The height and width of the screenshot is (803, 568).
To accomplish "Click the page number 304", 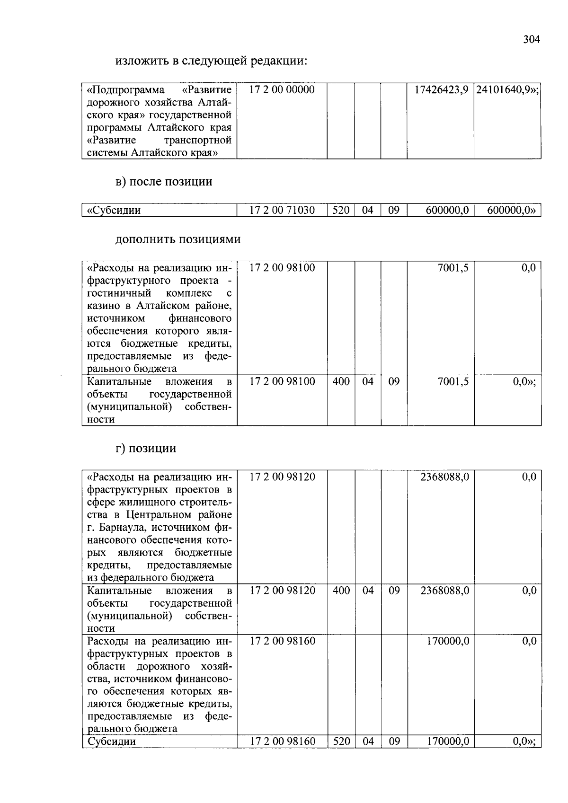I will click(531, 39).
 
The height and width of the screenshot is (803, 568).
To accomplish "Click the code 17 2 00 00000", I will click(282, 90).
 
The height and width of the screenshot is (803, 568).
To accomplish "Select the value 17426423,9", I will click(441, 90).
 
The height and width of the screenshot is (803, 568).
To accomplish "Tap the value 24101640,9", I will click(507, 90).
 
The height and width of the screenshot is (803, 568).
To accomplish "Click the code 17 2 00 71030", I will click(282, 210).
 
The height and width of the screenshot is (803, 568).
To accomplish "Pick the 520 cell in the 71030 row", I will click(340, 210).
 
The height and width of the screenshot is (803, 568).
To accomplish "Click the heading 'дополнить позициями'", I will click(178, 239).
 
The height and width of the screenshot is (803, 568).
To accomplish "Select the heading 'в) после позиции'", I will click(164, 182).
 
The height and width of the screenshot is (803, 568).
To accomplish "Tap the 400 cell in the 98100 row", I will click(341, 381).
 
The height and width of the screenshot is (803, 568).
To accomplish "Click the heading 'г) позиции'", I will click(146, 448).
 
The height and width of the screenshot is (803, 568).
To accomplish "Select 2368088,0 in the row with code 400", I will click(444, 591).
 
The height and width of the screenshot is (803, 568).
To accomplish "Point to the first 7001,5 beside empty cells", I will click(453, 268).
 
